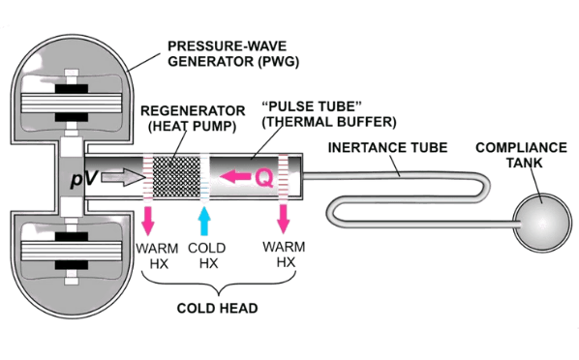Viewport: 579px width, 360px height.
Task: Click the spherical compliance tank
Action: click(x=542, y=222)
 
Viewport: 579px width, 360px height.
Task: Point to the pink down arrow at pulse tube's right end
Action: click(x=284, y=219)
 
